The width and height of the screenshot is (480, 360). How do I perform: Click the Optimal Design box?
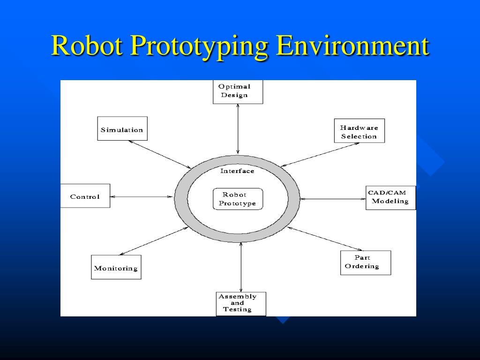[x=238, y=91]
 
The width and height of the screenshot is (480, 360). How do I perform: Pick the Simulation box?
[x=122, y=128]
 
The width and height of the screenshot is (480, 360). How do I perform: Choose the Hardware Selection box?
[x=359, y=131]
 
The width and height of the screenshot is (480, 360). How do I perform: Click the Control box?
[x=85, y=196]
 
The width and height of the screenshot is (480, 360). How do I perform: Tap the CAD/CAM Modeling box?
[x=390, y=197]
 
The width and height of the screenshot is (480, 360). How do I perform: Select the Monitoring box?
[x=116, y=267]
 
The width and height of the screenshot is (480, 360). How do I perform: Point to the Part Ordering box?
[x=365, y=262]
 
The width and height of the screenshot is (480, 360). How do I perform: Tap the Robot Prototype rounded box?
[x=238, y=199]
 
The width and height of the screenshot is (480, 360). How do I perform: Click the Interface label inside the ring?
[x=237, y=171]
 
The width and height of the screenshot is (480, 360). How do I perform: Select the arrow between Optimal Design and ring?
[x=238, y=129]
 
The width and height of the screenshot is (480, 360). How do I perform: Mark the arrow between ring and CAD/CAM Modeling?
[x=333, y=199]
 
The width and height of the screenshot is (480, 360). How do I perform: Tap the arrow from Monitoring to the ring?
[x=154, y=241]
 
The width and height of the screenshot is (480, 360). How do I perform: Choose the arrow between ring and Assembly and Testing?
[x=241, y=267]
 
